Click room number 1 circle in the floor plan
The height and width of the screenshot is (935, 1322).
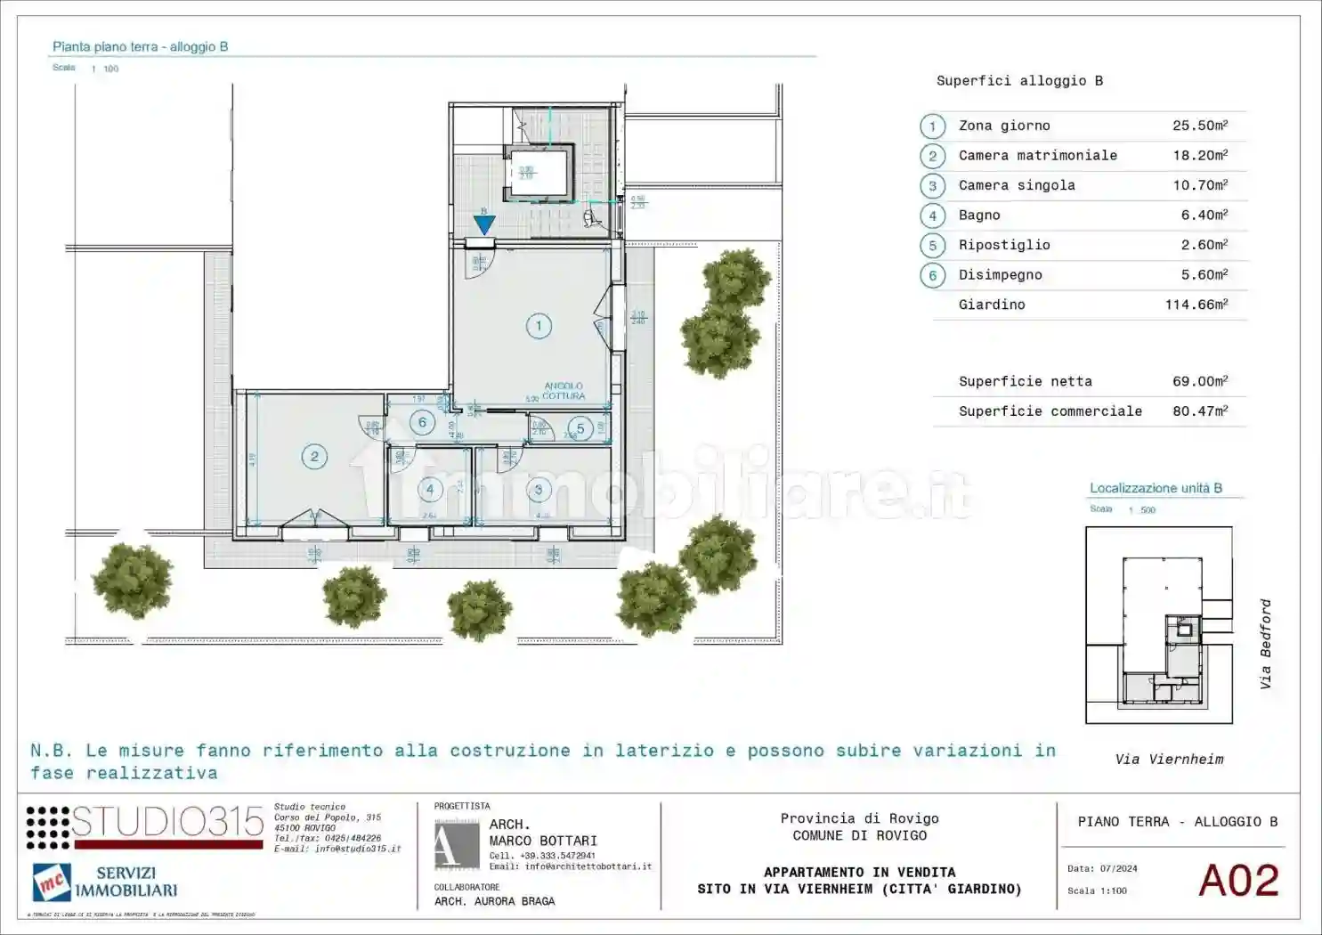[538, 326]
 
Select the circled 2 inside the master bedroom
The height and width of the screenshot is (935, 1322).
[313, 457]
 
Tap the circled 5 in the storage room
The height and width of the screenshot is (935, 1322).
[580, 428]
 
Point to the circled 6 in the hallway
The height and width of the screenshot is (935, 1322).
[422, 423]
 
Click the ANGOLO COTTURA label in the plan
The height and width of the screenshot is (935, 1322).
[564, 391]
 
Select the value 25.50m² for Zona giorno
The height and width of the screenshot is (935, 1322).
[1199, 126]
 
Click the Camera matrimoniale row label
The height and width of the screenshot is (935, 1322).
[1037, 155]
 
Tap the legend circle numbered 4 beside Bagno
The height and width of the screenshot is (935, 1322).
[932, 215]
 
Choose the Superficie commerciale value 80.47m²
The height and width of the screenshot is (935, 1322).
[1199, 411]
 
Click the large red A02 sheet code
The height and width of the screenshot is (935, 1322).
[1238, 881]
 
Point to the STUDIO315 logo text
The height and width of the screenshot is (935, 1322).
[167, 822]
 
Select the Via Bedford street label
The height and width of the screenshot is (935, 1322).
[1265, 644]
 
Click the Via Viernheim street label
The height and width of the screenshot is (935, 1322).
[1169, 760]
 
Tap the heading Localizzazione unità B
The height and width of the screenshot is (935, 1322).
[1156, 488]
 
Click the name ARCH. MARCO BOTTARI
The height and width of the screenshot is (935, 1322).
[542, 833]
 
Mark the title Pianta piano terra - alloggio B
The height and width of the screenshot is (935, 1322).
[140, 46]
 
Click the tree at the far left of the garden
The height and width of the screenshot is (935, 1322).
[133, 581]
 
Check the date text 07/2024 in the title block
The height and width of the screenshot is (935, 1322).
[1117, 868]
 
